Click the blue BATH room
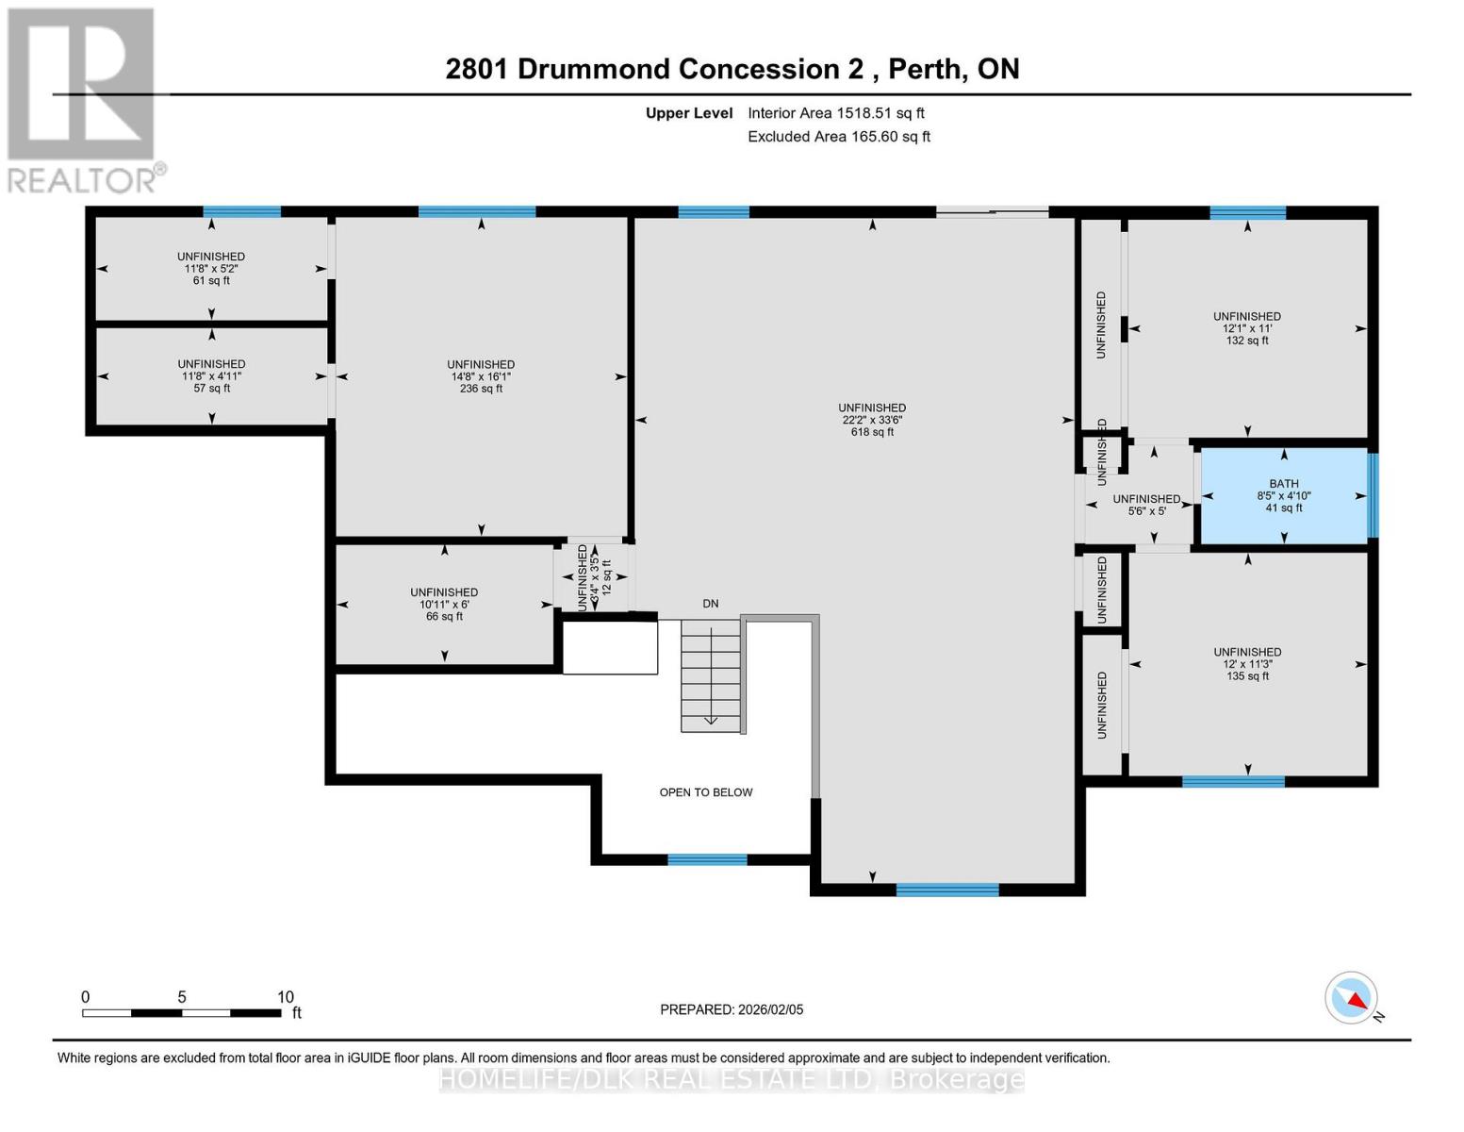coord(1283,495)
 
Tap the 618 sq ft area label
coord(872,432)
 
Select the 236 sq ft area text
coord(481,389)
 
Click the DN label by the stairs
coord(710,604)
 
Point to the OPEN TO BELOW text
coord(705,792)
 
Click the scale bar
coord(181,1013)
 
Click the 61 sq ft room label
coord(211,280)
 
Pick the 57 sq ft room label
coord(211,388)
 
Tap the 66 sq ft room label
coord(444,616)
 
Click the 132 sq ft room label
coord(1246,341)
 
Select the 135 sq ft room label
coord(1246,676)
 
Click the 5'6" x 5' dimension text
coord(1146,511)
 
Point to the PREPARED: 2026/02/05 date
coord(732,1009)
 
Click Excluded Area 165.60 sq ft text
coord(838,137)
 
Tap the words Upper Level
coord(688,113)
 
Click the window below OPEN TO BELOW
coord(707,859)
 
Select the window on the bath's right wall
coord(1373,495)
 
